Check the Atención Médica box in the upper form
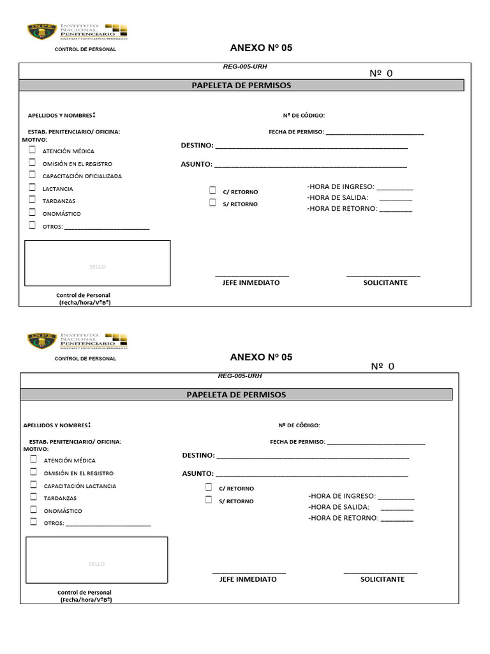[x=32, y=150]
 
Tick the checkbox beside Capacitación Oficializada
[x=32, y=175]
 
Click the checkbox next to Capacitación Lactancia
[x=33, y=485]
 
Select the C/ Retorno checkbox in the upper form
[x=213, y=191]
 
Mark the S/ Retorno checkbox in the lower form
[x=209, y=500]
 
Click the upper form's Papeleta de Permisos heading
[x=241, y=86]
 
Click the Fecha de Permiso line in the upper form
[x=375, y=133]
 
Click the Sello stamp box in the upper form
[x=98, y=263]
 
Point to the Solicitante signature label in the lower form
[x=382, y=579]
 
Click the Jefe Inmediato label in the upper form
[x=251, y=282]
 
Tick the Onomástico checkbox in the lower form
[x=33, y=510]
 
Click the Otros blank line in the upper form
[x=107, y=227]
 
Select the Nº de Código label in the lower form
[x=299, y=425]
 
